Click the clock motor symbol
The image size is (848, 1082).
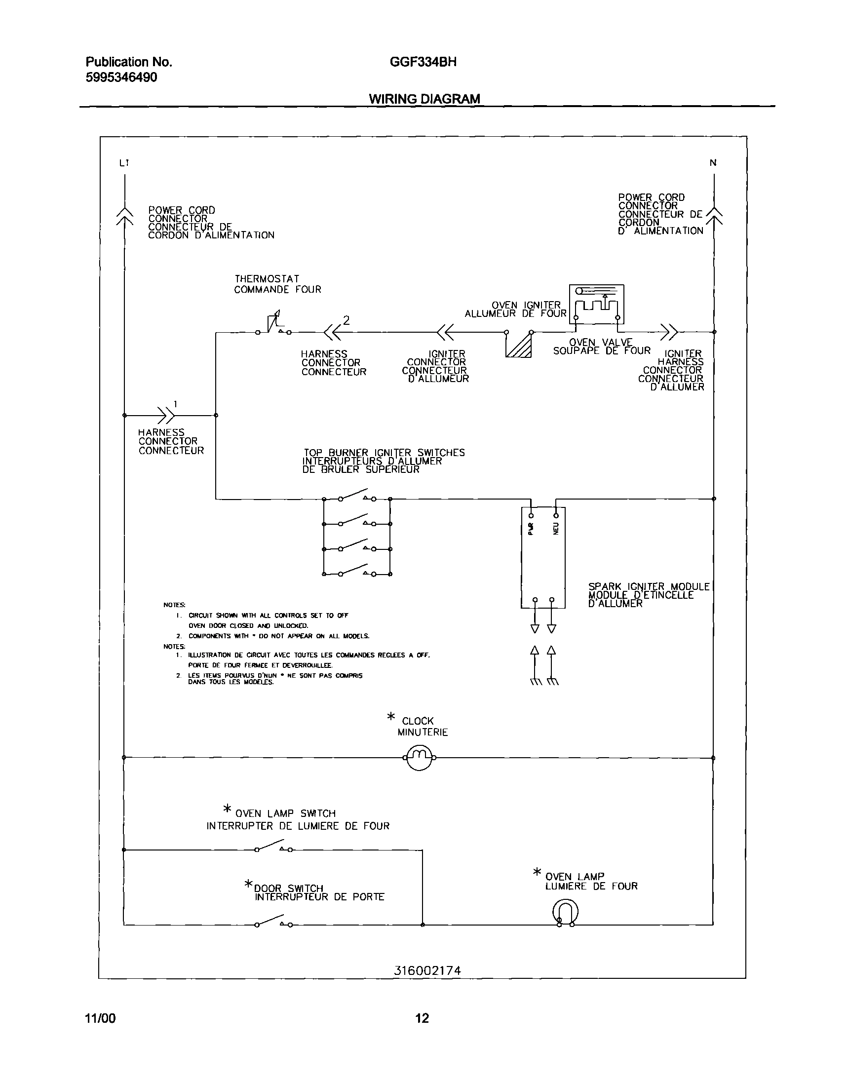(420, 758)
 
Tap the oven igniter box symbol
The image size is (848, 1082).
(596, 305)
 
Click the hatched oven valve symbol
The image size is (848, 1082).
(519, 344)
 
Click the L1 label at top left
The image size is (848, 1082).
(124, 163)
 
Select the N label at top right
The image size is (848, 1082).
(713, 163)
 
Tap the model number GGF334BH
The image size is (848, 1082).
(423, 62)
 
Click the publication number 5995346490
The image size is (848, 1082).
(121, 77)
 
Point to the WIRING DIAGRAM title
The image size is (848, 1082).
(424, 99)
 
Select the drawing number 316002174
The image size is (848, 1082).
(427, 970)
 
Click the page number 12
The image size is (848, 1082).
(422, 1018)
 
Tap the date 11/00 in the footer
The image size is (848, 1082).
(100, 1018)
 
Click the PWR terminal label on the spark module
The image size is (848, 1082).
(531, 528)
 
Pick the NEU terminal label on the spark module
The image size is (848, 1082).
(556, 528)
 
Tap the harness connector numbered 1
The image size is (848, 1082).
(166, 415)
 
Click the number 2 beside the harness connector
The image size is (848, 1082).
(347, 320)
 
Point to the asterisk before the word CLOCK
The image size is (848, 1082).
(391, 717)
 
